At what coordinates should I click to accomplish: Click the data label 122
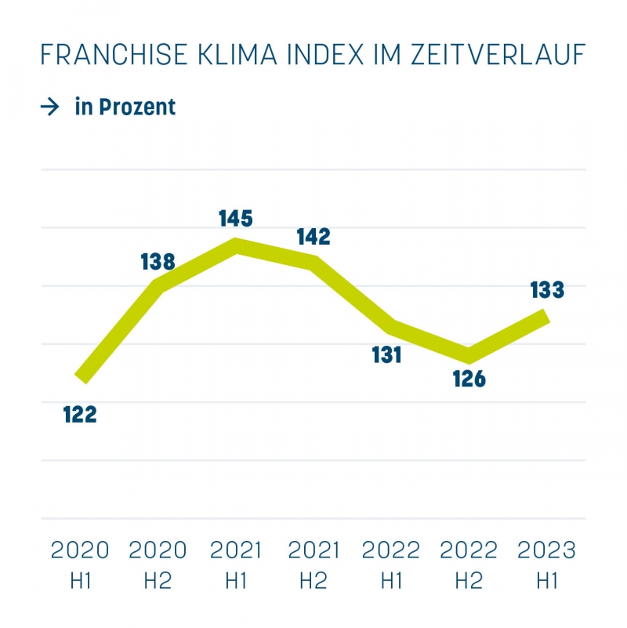[x=80, y=414]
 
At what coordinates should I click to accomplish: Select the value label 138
[x=158, y=262]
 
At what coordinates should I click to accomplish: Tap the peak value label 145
[x=236, y=219]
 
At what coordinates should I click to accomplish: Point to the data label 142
[x=313, y=237]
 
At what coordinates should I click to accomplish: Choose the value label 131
[x=386, y=354]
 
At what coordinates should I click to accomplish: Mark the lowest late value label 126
[x=469, y=379]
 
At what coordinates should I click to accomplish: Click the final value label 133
[x=547, y=290]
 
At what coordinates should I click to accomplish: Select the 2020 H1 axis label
[x=80, y=564]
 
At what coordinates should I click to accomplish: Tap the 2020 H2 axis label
[x=158, y=564]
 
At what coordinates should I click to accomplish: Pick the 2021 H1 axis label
[x=236, y=564]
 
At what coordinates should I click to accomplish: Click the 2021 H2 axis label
[x=313, y=564]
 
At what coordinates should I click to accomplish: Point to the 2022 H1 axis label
[x=391, y=564]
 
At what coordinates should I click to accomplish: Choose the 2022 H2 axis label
[x=469, y=564]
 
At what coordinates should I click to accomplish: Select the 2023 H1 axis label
[x=547, y=564]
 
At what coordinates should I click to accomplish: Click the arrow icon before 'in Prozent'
[x=50, y=107]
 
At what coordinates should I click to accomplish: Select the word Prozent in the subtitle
[x=138, y=107]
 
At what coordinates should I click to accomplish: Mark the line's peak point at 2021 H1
[x=236, y=245]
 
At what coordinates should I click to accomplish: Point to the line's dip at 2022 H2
[x=469, y=354]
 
